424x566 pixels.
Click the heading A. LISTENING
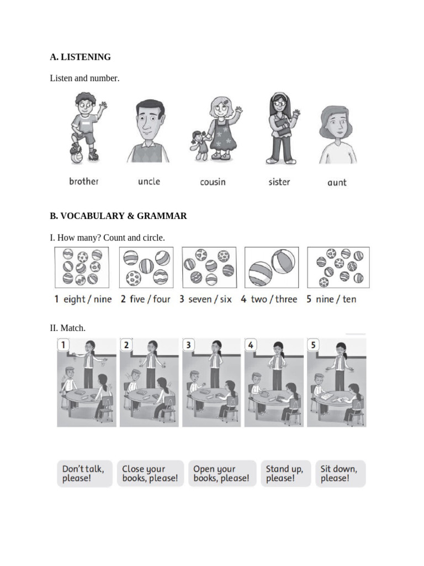[x=80, y=57]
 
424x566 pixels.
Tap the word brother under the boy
[x=84, y=181]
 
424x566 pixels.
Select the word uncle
[x=149, y=181]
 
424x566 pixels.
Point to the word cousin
[x=213, y=182]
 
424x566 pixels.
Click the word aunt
[x=337, y=182]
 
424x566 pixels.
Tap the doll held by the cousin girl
[x=198, y=144]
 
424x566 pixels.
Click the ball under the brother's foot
[x=76, y=156]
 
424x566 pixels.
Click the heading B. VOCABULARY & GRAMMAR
[x=118, y=216]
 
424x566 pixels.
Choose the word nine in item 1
[x=103, y=300]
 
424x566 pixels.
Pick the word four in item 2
[x=162, y=300]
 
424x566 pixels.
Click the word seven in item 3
[x=200, y=300]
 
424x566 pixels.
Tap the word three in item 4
[x=286, y=300]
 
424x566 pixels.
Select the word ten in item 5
[x=349, y=300]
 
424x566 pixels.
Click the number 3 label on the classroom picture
[x=189, y=345]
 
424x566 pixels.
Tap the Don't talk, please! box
[x=83, y=474]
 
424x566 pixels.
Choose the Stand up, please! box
[x=285, y=474]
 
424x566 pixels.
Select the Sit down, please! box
[x=340, y=474]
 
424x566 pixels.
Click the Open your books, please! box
[x=221, y=474]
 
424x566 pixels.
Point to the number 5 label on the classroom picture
[x=314, y=345]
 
